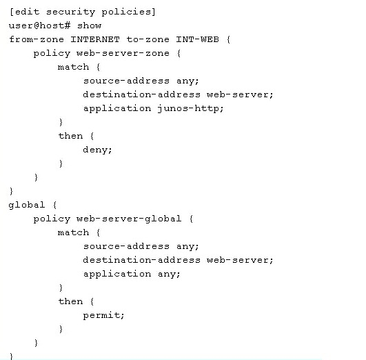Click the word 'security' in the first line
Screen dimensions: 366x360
pos(70,12)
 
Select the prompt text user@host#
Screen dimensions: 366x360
pos(40,26)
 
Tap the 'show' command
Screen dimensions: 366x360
pos(89,26)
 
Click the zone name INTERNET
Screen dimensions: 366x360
pos(95,39)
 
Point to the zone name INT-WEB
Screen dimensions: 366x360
pos(197,39)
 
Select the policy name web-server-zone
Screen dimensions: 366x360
pos(123,53)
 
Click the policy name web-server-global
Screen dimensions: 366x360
pos(129,219)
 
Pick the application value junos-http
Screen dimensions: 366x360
pos(190,109)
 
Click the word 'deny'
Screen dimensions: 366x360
pos(97,150)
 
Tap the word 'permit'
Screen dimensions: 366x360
pos(103,315)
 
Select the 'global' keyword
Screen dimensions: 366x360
pos(27,205)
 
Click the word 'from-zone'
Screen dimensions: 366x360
pos(37,39)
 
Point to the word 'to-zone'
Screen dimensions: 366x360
pos(148,39)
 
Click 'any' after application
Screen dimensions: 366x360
pos(169,274)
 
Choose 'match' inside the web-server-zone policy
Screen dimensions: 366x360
pos(74,67)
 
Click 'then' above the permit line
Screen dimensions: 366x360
pos(70,301)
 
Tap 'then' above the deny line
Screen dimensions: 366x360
pos(70,136)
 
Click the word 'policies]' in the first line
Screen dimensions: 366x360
pos(129,12)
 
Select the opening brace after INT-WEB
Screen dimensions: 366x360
pos(229,39)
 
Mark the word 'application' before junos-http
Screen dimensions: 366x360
pos(117,109)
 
